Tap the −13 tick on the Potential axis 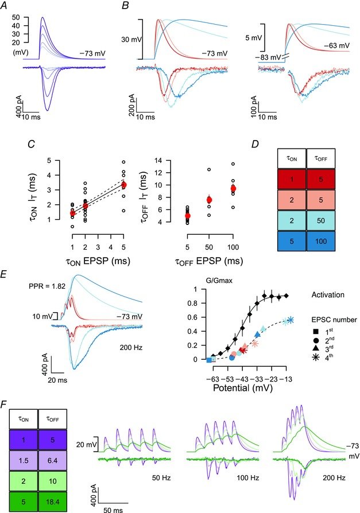coord(287,378)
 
